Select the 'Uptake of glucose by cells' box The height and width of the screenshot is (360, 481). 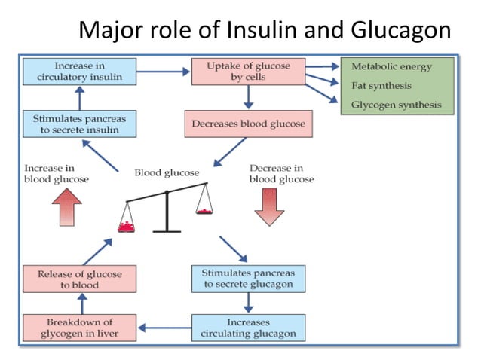click(247, 72)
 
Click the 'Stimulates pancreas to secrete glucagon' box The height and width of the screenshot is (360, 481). click(249, 278)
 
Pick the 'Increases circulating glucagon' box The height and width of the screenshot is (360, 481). click(249, 326)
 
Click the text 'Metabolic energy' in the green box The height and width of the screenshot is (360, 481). click(391, 66)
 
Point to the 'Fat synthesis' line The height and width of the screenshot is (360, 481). click(381, 86)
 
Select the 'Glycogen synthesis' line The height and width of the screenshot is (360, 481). click(396, 105)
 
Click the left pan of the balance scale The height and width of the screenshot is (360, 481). click(127, 225)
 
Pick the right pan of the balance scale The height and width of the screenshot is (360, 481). click(204, 210)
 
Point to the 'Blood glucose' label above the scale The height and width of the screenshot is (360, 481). click(167, 172)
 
